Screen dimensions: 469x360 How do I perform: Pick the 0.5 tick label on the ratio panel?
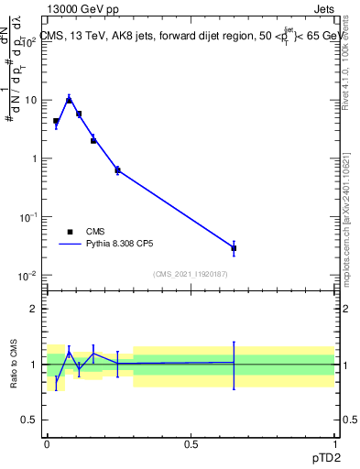[x=30, y=420]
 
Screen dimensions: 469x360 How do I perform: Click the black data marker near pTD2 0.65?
[x=234, y=248]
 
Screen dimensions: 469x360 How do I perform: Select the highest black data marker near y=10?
[x=69, y=100]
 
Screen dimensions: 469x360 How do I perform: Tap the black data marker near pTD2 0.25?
[x=117, y=170]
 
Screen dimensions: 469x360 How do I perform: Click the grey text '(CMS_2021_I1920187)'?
[x=191, y=274]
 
